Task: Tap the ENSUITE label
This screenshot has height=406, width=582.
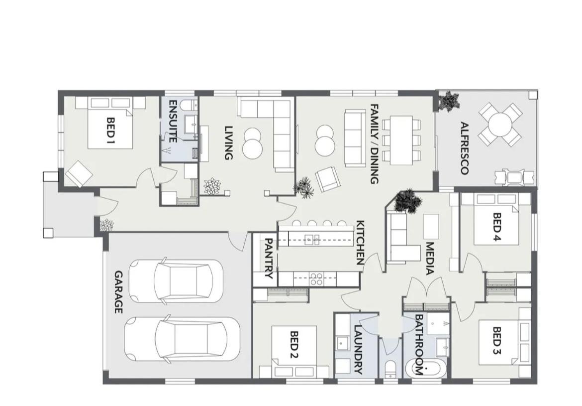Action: click(173, 121)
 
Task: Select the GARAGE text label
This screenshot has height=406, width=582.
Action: click(118, 292)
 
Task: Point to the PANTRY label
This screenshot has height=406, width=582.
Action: click(268, 259)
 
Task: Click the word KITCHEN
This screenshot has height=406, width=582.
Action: click(360, 243)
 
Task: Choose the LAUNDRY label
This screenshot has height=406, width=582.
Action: click(358, 350)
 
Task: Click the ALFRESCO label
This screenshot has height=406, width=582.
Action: click(464, 148)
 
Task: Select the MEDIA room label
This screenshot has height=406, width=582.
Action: click(429, 259)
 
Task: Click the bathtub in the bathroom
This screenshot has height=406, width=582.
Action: click(423, 370)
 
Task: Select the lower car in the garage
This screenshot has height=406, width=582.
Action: click(182, 339)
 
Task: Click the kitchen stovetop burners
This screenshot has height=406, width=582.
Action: click(316, 279)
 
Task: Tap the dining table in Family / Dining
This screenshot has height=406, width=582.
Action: click(401, 140)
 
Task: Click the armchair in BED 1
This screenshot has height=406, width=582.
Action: click(80, 174)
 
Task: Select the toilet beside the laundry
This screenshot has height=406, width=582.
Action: click(390, 369)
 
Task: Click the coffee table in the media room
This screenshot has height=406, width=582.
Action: click(431, 227)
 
